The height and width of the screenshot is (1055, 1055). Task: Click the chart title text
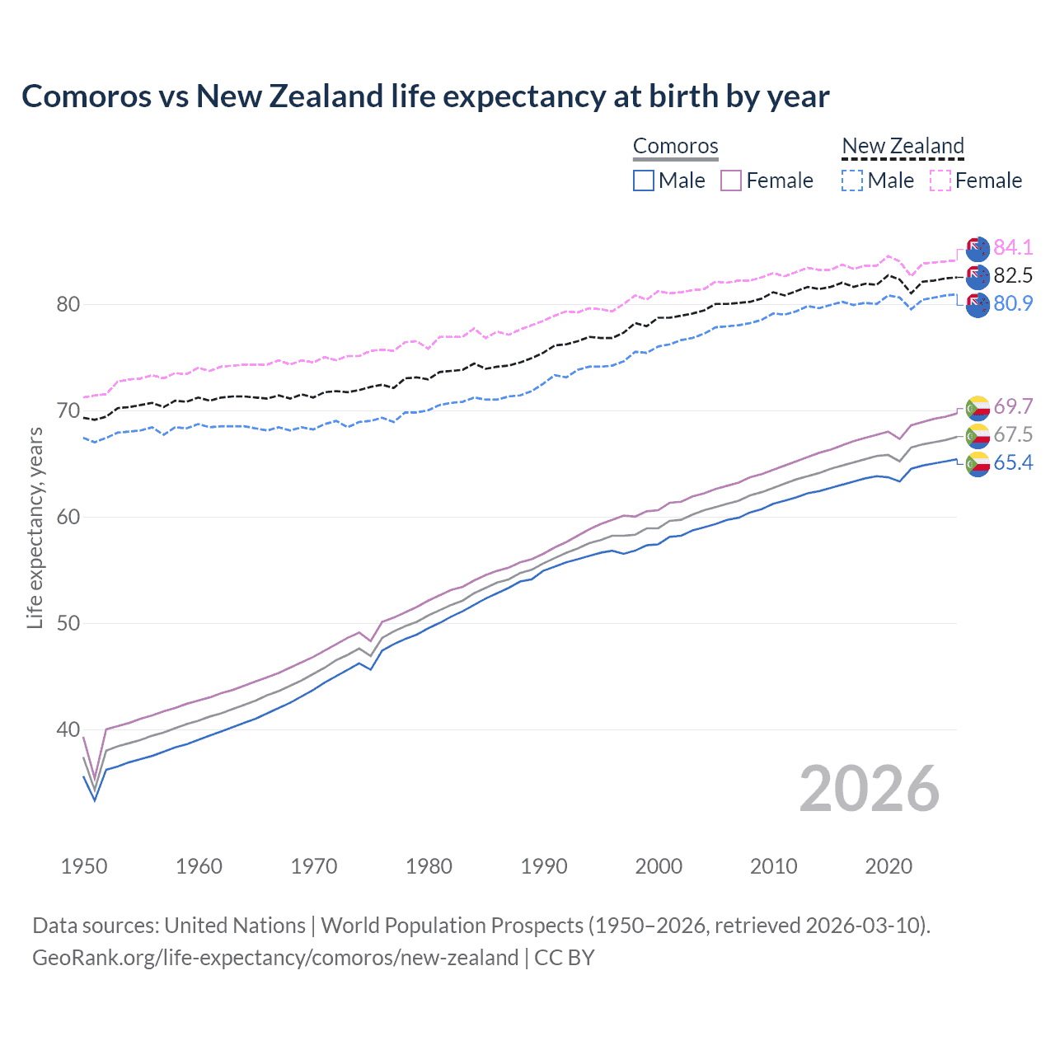point(425,96)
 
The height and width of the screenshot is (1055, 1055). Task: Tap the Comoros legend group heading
point(675,146)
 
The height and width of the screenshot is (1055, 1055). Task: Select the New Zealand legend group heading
point(903,146)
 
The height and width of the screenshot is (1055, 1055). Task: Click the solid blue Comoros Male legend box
point(644,181)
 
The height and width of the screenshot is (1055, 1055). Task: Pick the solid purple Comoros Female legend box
point(731,181)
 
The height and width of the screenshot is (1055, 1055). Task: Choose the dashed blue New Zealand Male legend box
point(852,181)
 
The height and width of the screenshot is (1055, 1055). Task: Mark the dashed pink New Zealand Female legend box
point(940,181)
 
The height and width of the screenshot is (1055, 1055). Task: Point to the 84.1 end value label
point(1013,247)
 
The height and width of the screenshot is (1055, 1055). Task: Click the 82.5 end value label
point(1013,275)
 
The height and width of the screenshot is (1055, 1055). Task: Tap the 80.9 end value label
point(1013,303)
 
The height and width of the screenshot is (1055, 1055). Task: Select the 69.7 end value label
point(1013,406)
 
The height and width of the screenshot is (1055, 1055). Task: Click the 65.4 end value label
point(1013,462)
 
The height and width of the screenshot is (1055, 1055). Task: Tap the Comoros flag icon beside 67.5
point(978,435)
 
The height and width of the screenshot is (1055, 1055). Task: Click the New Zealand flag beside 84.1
point(978,248)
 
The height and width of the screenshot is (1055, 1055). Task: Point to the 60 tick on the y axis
point(68,517)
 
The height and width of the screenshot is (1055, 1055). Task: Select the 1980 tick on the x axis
point(429,866)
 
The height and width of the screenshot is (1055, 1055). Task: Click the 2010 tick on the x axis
point(773,866)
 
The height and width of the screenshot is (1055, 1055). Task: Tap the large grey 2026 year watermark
point(870,789)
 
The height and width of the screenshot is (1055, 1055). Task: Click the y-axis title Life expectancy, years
point(35,528)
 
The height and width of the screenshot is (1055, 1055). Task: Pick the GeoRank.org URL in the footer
point(275,958)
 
